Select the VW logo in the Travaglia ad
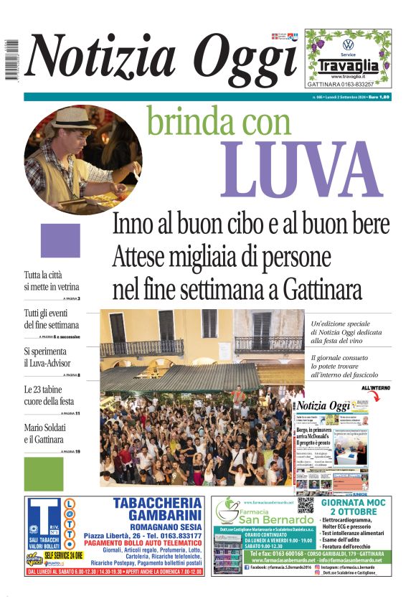click(348, 44)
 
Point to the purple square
click(60, 240)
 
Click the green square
click(44, 473)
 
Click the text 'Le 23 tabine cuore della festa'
click(49, 395)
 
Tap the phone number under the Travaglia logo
click(348, 84)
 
